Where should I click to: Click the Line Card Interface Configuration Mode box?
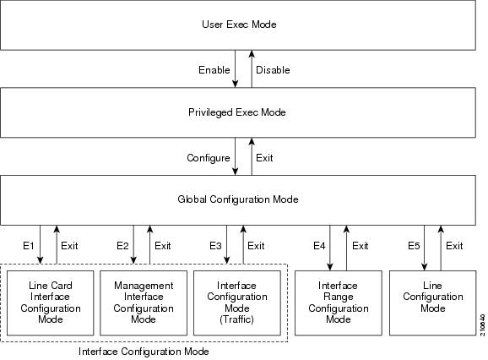[x=50, y=303]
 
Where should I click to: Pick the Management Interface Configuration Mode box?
[x=144, y=303]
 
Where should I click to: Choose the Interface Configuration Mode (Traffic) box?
[x=237, y=303]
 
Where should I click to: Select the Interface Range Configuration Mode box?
[x=339, y=303]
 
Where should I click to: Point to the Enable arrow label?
[x=214, y=69]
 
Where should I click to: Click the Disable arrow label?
[x=272, y=69]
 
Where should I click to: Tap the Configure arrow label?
[x=208, y=158]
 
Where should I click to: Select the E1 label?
[x=28, y=246]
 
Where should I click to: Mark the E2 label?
[x=122, y=246]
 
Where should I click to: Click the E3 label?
[x=216, y=246]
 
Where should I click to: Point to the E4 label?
[x=319, y=246]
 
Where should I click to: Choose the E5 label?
[x=414, y=246]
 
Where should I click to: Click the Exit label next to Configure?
[x=265, y=158]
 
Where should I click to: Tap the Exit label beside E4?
[x=361, y=246]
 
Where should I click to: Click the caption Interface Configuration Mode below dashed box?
[x=144, y=351]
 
